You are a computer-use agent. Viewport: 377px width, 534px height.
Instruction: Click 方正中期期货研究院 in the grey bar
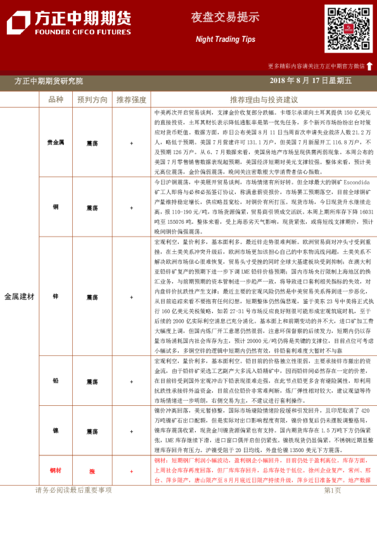click(48, 81)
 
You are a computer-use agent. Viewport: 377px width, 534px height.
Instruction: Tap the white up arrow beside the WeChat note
click(369, 66)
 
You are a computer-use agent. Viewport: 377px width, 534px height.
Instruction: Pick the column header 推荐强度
click(131, 100)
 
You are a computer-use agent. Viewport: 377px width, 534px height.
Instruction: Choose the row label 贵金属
click(56, 143)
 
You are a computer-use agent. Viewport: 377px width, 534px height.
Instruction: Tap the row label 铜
click(56, 207)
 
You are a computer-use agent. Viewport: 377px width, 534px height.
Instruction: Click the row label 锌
click(56, 297)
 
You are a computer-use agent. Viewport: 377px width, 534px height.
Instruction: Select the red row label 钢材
click(56, 471)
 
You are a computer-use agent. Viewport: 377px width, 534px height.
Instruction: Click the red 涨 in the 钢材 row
click(93, 471)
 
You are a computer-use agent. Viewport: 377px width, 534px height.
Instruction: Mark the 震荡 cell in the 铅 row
click(93, 381)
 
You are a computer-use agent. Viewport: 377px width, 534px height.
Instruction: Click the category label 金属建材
click(20, 297)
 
